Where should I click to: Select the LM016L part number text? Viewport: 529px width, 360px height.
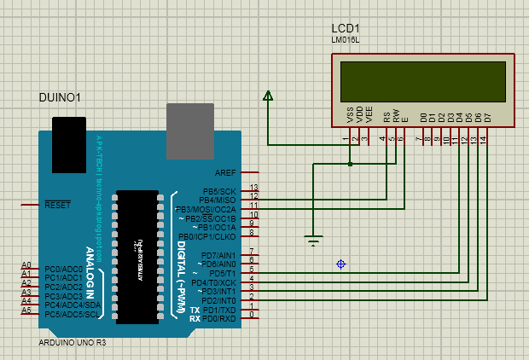pos(347,40)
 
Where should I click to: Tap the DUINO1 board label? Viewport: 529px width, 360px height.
pos(60,98)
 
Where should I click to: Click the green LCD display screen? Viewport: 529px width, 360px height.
pos(423,82)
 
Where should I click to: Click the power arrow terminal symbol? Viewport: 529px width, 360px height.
pos(268,96)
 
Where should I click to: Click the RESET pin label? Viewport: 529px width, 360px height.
pos(57,206)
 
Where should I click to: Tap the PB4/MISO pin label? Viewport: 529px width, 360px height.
pos(218,200)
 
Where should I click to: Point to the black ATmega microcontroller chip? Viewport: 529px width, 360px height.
pos(137,256)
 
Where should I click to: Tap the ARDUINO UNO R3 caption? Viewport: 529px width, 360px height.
pos(73,342)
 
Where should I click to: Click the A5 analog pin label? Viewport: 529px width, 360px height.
pos(26,311)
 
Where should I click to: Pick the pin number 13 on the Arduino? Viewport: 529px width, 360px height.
pos(253,187)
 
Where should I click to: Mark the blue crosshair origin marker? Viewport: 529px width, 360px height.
pos(341,264)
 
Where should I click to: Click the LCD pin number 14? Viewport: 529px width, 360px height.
pos(483,138)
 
